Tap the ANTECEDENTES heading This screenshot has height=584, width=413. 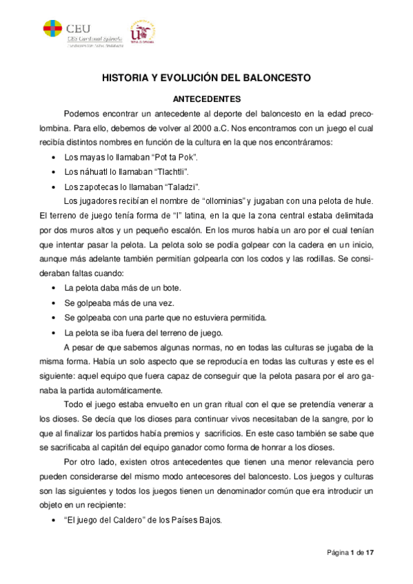(x=206, y=99)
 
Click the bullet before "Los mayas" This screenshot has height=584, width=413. (x=54, y=158)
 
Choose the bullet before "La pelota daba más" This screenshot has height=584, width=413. (x=54, y=287)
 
